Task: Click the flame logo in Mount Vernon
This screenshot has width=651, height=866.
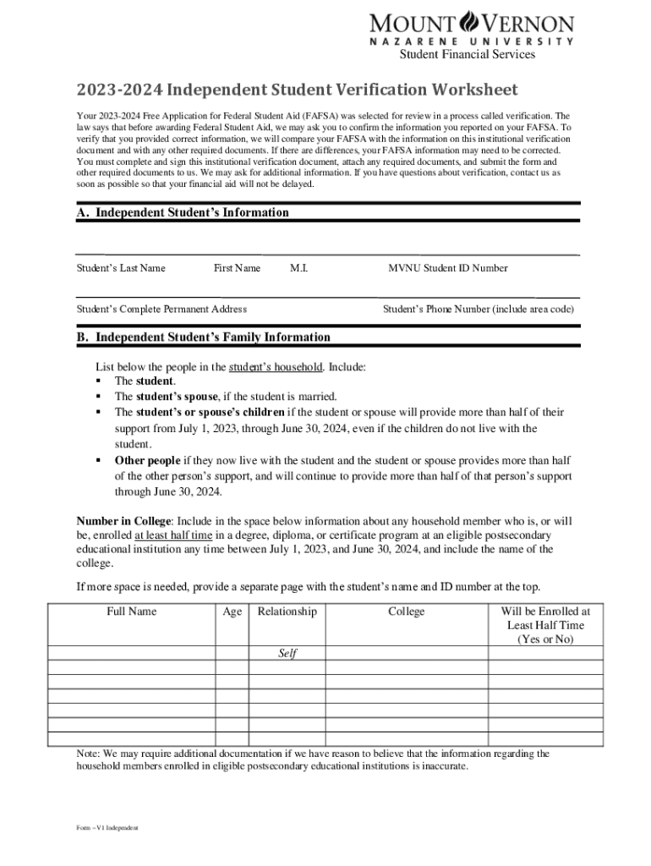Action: point(468,21)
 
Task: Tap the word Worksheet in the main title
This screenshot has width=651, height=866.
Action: point(469,90)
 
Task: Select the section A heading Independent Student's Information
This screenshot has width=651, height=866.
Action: point(183,213)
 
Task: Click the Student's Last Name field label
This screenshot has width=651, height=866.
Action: point(121,268)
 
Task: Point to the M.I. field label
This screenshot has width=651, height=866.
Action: point(298,268)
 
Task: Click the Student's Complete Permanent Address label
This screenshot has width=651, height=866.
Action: point(161,310)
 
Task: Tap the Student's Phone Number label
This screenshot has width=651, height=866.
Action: point(479,310)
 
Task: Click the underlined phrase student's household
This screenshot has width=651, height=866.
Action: point(275,367)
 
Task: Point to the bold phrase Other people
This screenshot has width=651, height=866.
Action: point(147,461)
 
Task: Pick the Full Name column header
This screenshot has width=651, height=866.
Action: point(131,611)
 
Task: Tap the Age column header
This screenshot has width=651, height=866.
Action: point(232,611)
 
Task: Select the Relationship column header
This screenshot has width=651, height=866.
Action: point(287,611)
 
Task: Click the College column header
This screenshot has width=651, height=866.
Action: point(407,611)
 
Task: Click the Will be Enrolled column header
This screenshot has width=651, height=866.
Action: point(545,625)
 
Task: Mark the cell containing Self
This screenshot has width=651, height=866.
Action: point(287,654)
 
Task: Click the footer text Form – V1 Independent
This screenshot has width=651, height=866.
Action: point(107,827)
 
